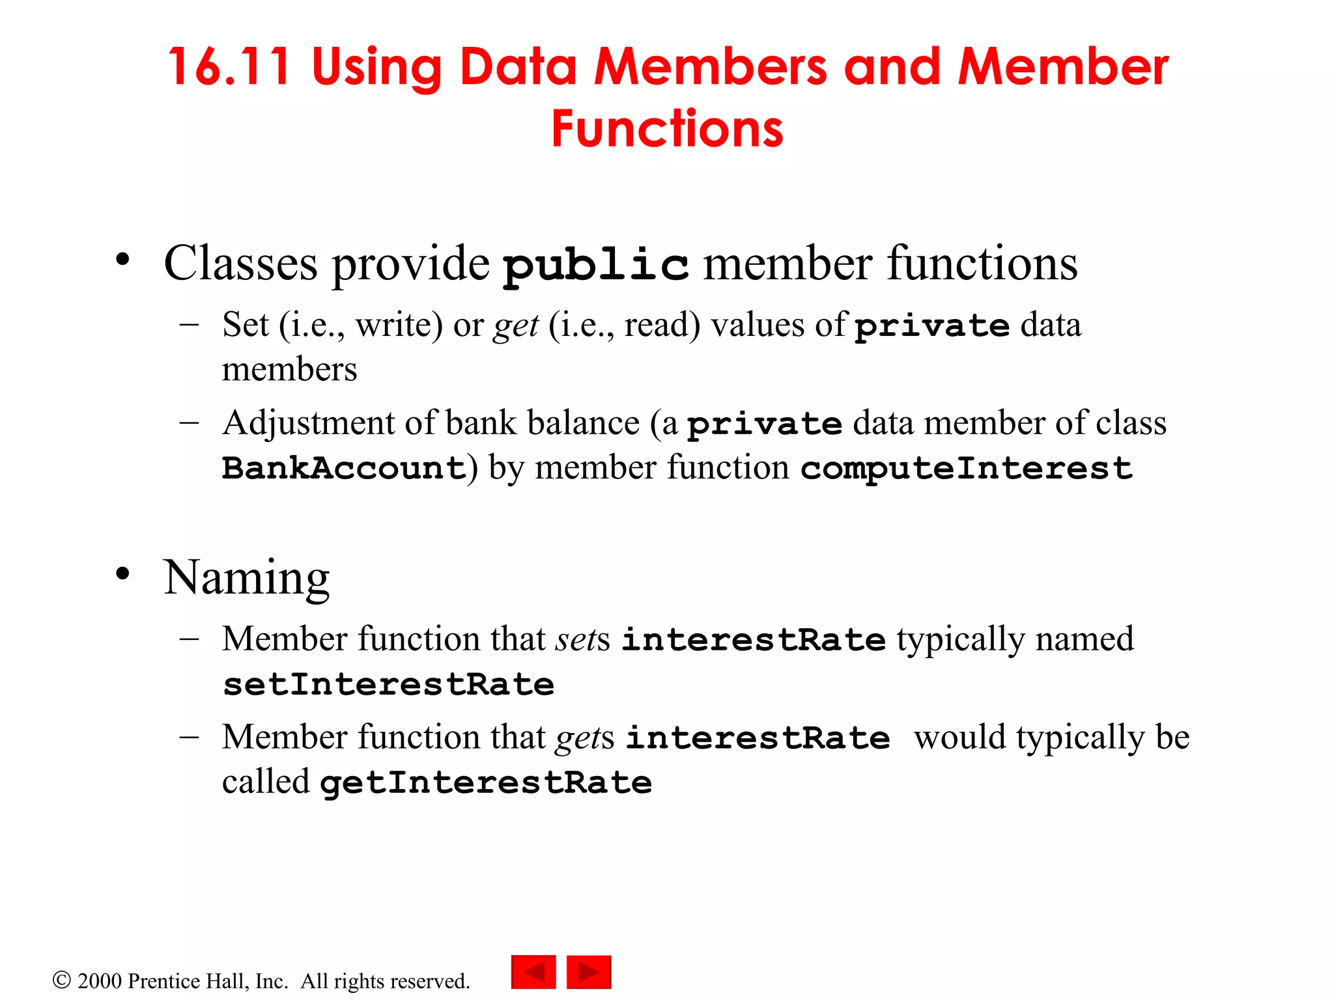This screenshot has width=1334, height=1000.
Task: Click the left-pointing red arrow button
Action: click(x=533, y=972)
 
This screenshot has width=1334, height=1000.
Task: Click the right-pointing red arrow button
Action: click(x=589, y=972)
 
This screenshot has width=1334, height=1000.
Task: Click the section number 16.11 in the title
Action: click(x=229, y=67)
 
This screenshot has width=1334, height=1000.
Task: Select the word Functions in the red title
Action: click(x=667, y=129)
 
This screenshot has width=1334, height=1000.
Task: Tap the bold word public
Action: click(x=596, y=266)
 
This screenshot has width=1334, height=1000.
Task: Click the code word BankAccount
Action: click(x=344, y=469)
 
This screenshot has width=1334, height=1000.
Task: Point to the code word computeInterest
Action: click(x=967, y=469)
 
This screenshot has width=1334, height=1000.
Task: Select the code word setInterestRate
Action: click(x=388, y=685)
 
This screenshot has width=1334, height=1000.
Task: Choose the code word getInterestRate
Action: click(x=486, y=783)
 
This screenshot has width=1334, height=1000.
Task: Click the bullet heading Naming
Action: click(x=247, y=578)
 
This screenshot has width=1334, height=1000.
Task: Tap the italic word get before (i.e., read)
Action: click(x=516, y=326)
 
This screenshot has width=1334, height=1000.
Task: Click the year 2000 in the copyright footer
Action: click(x=100, y=981)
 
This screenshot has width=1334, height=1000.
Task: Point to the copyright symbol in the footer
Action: click(x=61, y=980)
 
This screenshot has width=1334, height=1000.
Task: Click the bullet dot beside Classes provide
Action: click(x=122, y=260)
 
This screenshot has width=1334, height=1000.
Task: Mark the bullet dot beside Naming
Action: click(x=122, y=574)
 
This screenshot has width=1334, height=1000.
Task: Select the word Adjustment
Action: click(x=309, y=424)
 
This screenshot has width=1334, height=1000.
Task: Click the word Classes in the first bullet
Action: click(x=240, y=264)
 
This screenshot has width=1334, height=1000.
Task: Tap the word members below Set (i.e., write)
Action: click(x=289, y=370)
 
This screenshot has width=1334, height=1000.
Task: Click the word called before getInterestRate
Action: click(x=266, y=782)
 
